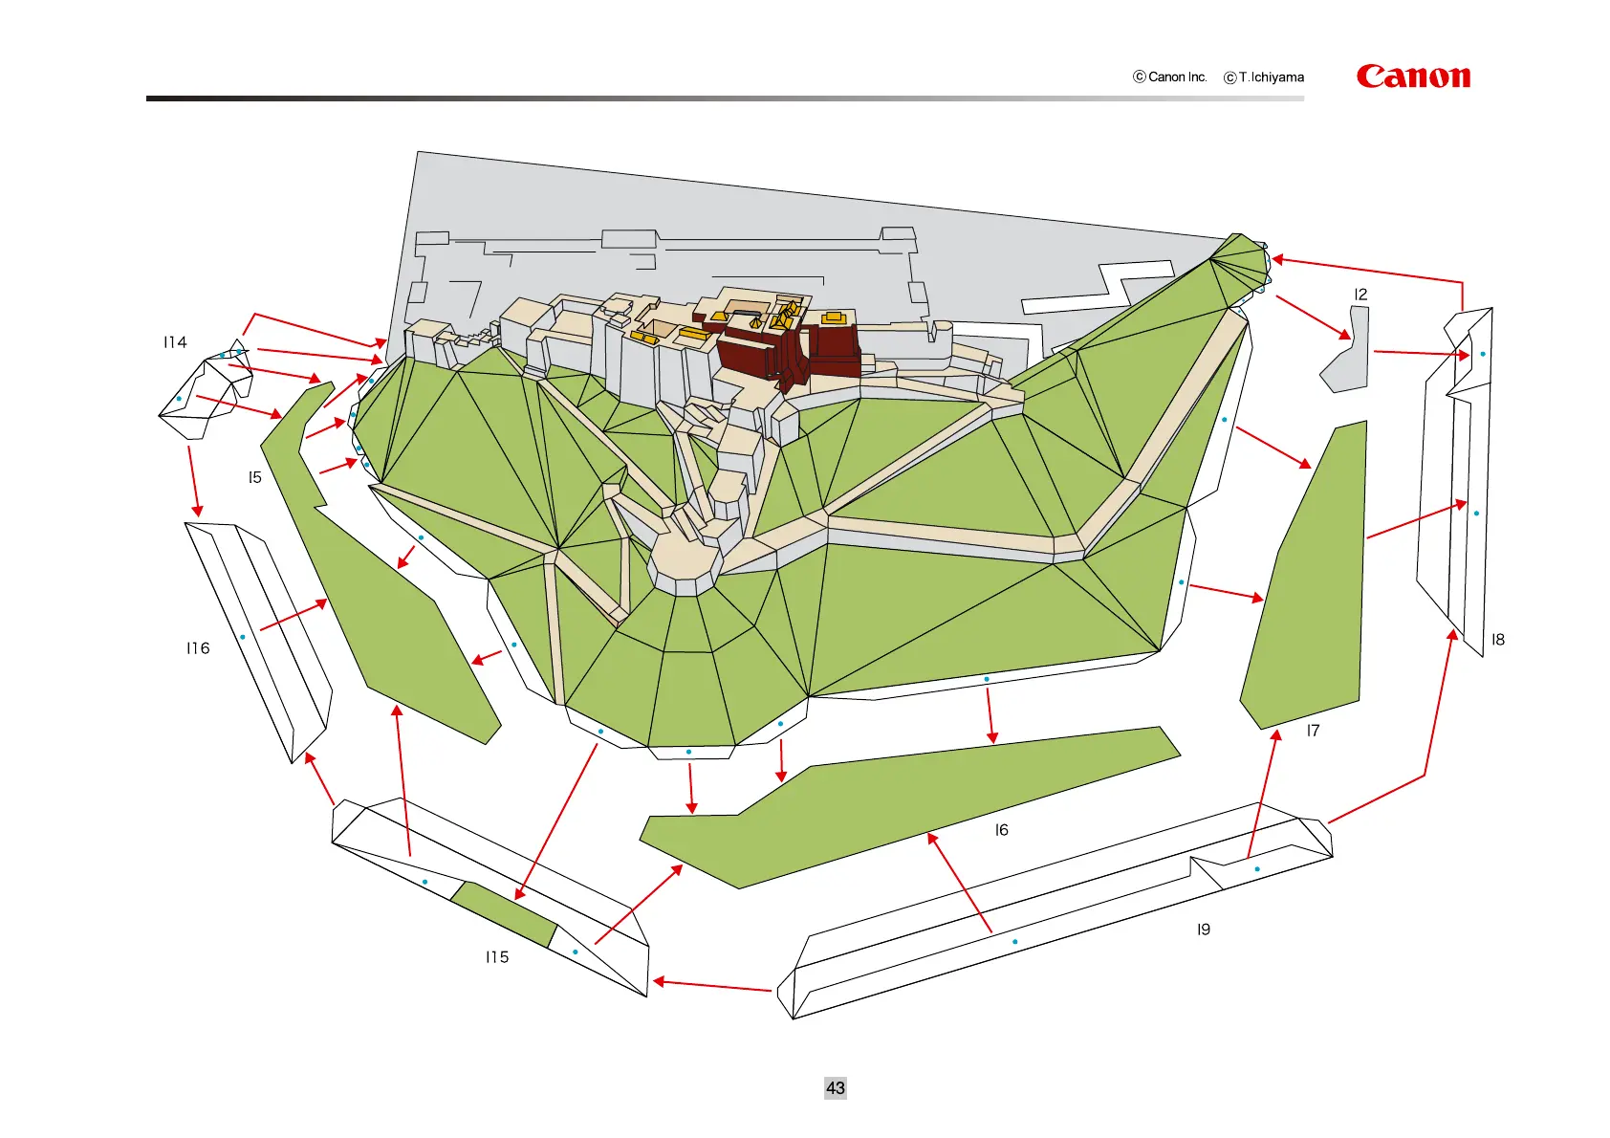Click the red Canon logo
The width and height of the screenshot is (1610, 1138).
[x=1413, y=77]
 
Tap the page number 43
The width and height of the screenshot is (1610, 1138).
[x=835, y=1087]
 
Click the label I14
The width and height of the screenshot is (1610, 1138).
[x=175, y=342]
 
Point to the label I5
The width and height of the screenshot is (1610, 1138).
[x=254, y=477]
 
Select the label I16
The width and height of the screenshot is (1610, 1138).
[x=198, y=648]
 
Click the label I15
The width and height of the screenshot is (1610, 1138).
[x=497, y=956]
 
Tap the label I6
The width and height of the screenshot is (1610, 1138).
[x=1001, y=830]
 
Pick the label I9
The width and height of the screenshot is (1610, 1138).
[x=1203, y=930]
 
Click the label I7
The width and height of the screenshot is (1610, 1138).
[x=1313, y=731]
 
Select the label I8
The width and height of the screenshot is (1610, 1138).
[x=1497, y=640]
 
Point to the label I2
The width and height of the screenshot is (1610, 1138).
[x=1360, y=295]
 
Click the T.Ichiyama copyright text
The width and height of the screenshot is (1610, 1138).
[x=1264, y=77]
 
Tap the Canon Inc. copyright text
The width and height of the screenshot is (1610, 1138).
[x=1170, y=77]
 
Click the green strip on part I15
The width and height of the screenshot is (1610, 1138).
[x=503, y=914]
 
